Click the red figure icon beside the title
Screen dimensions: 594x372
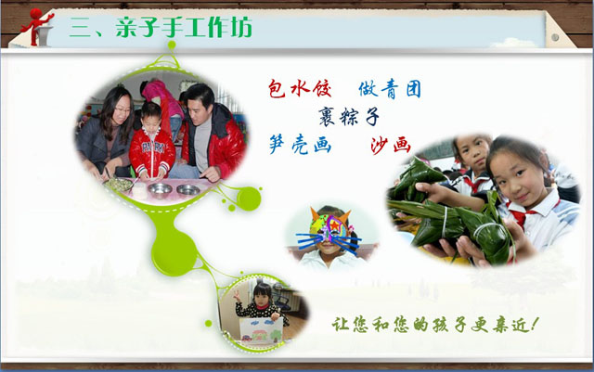(37, 27)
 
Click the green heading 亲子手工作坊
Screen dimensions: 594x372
(184, 27)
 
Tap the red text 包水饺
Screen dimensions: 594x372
(300, 89)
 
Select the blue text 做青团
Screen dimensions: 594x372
(390, 89)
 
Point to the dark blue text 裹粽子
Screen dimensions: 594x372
(349, 116)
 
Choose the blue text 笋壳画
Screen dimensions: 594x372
(300, 145)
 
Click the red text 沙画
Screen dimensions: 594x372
(391, 145)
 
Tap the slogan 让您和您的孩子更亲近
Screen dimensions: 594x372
(435, 325)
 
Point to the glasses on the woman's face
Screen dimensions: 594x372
(122, 110)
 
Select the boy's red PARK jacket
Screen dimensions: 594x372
(151, 152)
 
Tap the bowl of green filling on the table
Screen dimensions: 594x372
(118, 185)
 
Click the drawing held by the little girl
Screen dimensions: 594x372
(261, 330)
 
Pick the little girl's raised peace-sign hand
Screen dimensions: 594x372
(238, 296)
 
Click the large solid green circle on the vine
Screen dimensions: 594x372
(174, 252)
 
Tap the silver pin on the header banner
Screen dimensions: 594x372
(555, 37)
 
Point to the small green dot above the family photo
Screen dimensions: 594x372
(172, 45)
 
